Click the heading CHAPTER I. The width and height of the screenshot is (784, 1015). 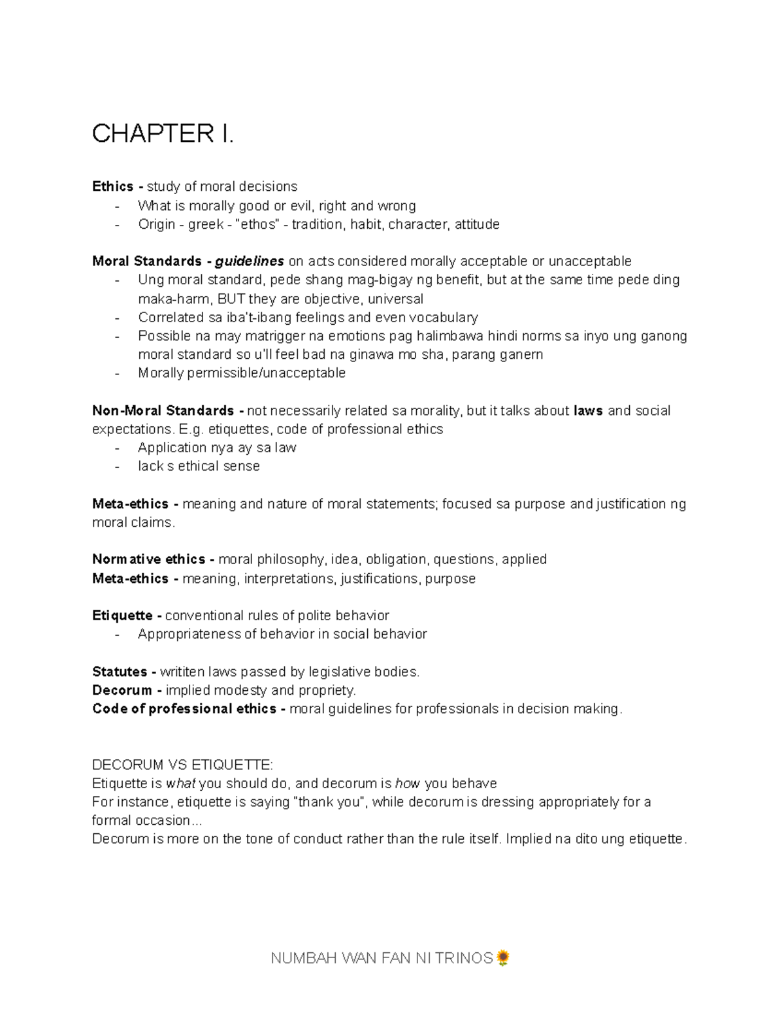click(162, 134)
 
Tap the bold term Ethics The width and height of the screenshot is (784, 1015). click(113, 187)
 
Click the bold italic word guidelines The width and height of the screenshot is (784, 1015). click(249, 261)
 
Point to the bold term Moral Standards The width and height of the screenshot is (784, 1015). click(146, 261)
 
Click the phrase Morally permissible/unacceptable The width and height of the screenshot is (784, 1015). click(242, 373)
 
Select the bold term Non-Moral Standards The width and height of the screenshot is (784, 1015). click(163, 411)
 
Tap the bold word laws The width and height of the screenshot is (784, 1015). click(588, 411)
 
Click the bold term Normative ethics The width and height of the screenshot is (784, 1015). click(148, 559)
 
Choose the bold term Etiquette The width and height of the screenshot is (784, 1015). click(122, 616)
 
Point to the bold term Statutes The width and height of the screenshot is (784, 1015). click(120, 672)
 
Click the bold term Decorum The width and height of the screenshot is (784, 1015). click(122, 690)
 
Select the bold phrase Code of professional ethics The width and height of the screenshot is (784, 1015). click(184, 709)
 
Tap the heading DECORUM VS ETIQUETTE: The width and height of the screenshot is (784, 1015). click(183, 765)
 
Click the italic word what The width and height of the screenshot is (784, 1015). click(181, 784)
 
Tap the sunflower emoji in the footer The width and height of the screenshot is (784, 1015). click(503, 958)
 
